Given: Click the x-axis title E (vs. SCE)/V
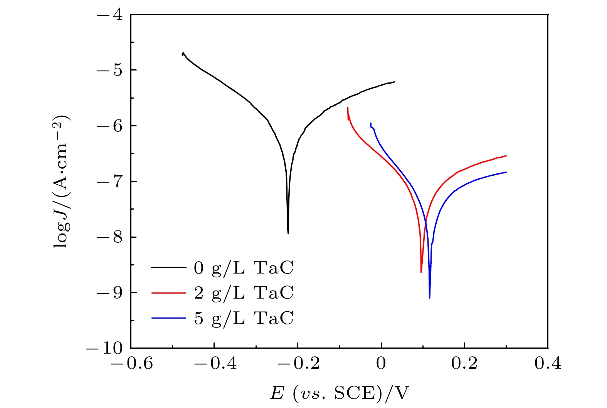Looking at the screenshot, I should point(339,394).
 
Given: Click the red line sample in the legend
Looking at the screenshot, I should point(169,293).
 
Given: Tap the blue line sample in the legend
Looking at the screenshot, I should point(169,319).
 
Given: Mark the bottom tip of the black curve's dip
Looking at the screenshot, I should point(288,233).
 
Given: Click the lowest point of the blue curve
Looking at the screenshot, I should point(429,298).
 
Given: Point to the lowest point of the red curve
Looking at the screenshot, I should point(421,272).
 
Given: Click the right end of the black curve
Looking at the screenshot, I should point(395,82).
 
